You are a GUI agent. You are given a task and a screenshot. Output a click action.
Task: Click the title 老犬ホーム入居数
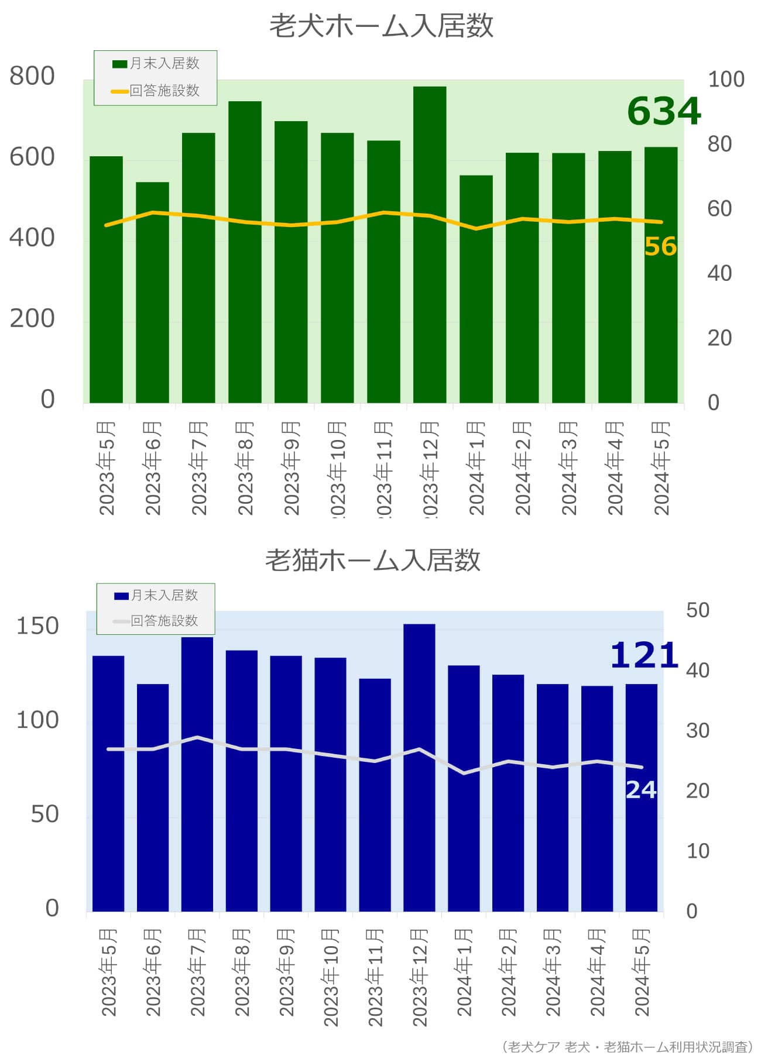(381, 26)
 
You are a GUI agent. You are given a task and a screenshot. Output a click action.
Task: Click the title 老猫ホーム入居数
(373, 560)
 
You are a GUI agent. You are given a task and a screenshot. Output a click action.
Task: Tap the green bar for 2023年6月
(152, 293)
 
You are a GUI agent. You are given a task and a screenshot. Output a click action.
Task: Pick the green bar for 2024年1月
(476, 289)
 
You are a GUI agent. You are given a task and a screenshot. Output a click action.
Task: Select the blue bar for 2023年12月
(419, 767)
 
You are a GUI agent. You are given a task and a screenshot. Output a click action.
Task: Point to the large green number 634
(664, 111)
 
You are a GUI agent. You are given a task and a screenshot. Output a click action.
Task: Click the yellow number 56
(660, 246)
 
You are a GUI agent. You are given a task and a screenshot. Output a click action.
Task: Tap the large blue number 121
(644, 655)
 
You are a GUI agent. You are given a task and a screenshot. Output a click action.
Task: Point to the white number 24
(641, 790)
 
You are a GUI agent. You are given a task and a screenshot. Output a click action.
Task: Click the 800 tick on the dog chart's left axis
(32, 76)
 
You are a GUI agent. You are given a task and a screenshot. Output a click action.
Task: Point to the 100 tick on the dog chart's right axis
(726, 79)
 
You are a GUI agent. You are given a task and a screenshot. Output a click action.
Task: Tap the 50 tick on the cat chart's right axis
(698, 610)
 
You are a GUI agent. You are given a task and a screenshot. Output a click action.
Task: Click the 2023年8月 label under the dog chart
(245, 468)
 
